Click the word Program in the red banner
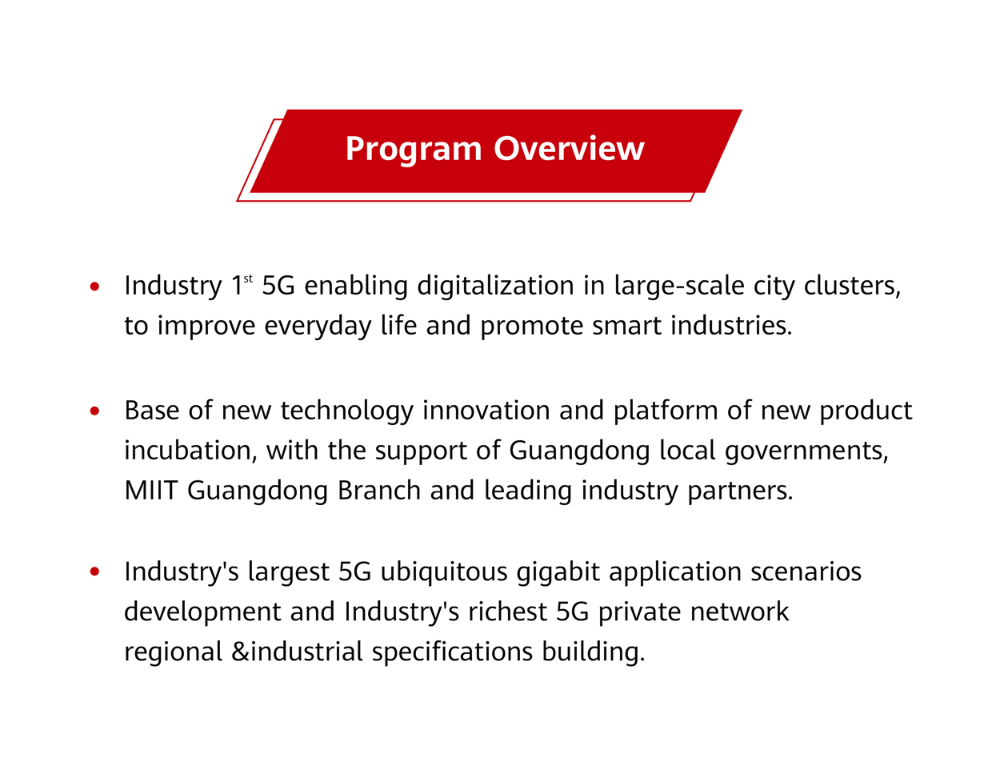[x=414, y=150]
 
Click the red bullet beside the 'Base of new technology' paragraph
[x=94, y=411]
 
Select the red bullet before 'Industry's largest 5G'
[x=94, y=572]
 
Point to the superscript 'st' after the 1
[x=248, y=279]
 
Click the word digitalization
[x=495, y=287]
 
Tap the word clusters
[x=852, y=287]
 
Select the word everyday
[x=318, y=327]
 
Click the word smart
[x=626, y=327]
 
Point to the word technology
[x=346, y=411]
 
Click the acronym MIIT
[x=150, y=491]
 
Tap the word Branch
[x=379, y=491]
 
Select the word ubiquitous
[x=444, y=572]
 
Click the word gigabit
[x=558, y=572]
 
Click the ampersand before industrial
[x=240, y=652]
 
